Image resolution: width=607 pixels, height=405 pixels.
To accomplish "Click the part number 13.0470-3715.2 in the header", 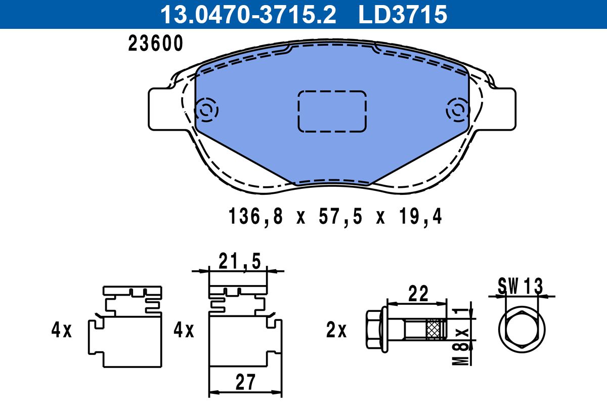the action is (248, 15).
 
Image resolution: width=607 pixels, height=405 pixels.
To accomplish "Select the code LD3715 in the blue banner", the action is (403, 15).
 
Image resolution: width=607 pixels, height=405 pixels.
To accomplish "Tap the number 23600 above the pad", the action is (156, 44).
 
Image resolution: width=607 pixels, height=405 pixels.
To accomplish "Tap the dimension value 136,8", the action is (256, 217).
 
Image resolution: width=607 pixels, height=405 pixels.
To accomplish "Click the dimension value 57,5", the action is (340, 217).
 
